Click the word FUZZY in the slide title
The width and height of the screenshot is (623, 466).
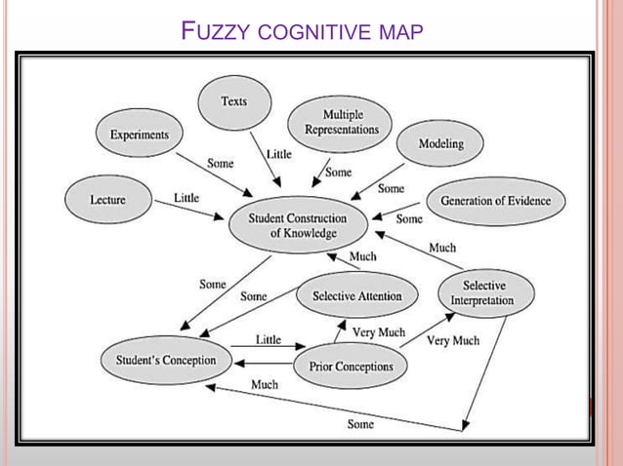click(x=216, y=32)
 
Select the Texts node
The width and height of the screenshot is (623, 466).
click(x=233, y=101)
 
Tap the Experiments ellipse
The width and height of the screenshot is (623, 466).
click(x=139, y=135)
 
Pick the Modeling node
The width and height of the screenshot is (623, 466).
click(x=440, y=144)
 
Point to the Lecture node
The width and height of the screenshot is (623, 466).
click(x=107, y=200)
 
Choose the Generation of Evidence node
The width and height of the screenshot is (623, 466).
click(x=495, y=201)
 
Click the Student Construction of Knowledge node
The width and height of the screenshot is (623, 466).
click(x=298, y=226)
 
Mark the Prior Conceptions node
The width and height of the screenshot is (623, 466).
click(x=351, y=367)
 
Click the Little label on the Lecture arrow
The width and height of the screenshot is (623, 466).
click(x=186, y=198)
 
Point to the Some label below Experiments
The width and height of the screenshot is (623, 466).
click(x=220, y=164)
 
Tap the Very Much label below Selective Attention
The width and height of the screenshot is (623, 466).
click(x=378, y=332)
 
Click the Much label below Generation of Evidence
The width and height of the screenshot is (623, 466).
click(x=441, y=248)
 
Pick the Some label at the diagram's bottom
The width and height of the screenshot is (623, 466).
click(x=360, y=424)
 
